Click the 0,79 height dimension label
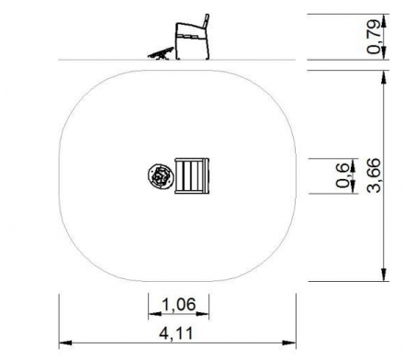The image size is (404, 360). coord(374,37)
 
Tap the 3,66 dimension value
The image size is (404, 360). coord(374,175)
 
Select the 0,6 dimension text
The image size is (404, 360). coord(342,175)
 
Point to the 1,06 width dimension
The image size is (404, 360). coord(178,304)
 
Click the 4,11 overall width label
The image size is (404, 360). coord(176,333)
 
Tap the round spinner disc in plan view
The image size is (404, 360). coord(161,176)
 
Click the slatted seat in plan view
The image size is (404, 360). coord(192,175)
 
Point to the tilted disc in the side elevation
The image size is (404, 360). coord(161,53)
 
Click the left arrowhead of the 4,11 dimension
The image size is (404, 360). coord(65,343)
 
